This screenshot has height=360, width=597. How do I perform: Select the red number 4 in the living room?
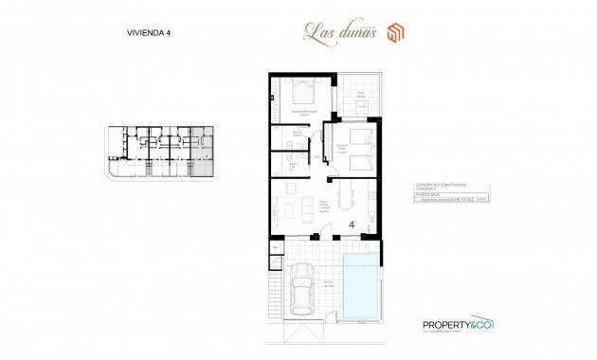[352, 225]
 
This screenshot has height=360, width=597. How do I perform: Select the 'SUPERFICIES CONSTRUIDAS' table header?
[440, 186]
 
